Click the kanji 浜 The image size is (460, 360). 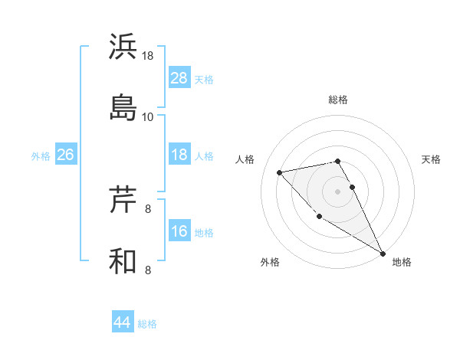point(123,47)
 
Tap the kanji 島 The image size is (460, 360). point(123,106)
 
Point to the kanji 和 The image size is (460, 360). point(123,260)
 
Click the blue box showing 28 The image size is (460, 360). point(179,77)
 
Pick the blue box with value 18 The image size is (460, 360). point(179,155)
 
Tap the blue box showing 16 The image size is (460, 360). point(179,231)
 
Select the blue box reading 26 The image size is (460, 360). point(65,155)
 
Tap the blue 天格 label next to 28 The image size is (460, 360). point(203,79)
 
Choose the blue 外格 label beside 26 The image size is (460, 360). point(41,156)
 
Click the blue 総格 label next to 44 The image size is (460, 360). point(147,324)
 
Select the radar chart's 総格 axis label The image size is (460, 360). point(338,100)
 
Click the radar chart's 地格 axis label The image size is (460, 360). point(402,262)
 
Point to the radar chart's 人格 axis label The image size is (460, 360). point(245,159)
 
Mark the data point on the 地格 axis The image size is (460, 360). point(383,253)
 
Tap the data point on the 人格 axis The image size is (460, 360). point(280,172)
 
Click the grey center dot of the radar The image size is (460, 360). point(338,191)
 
